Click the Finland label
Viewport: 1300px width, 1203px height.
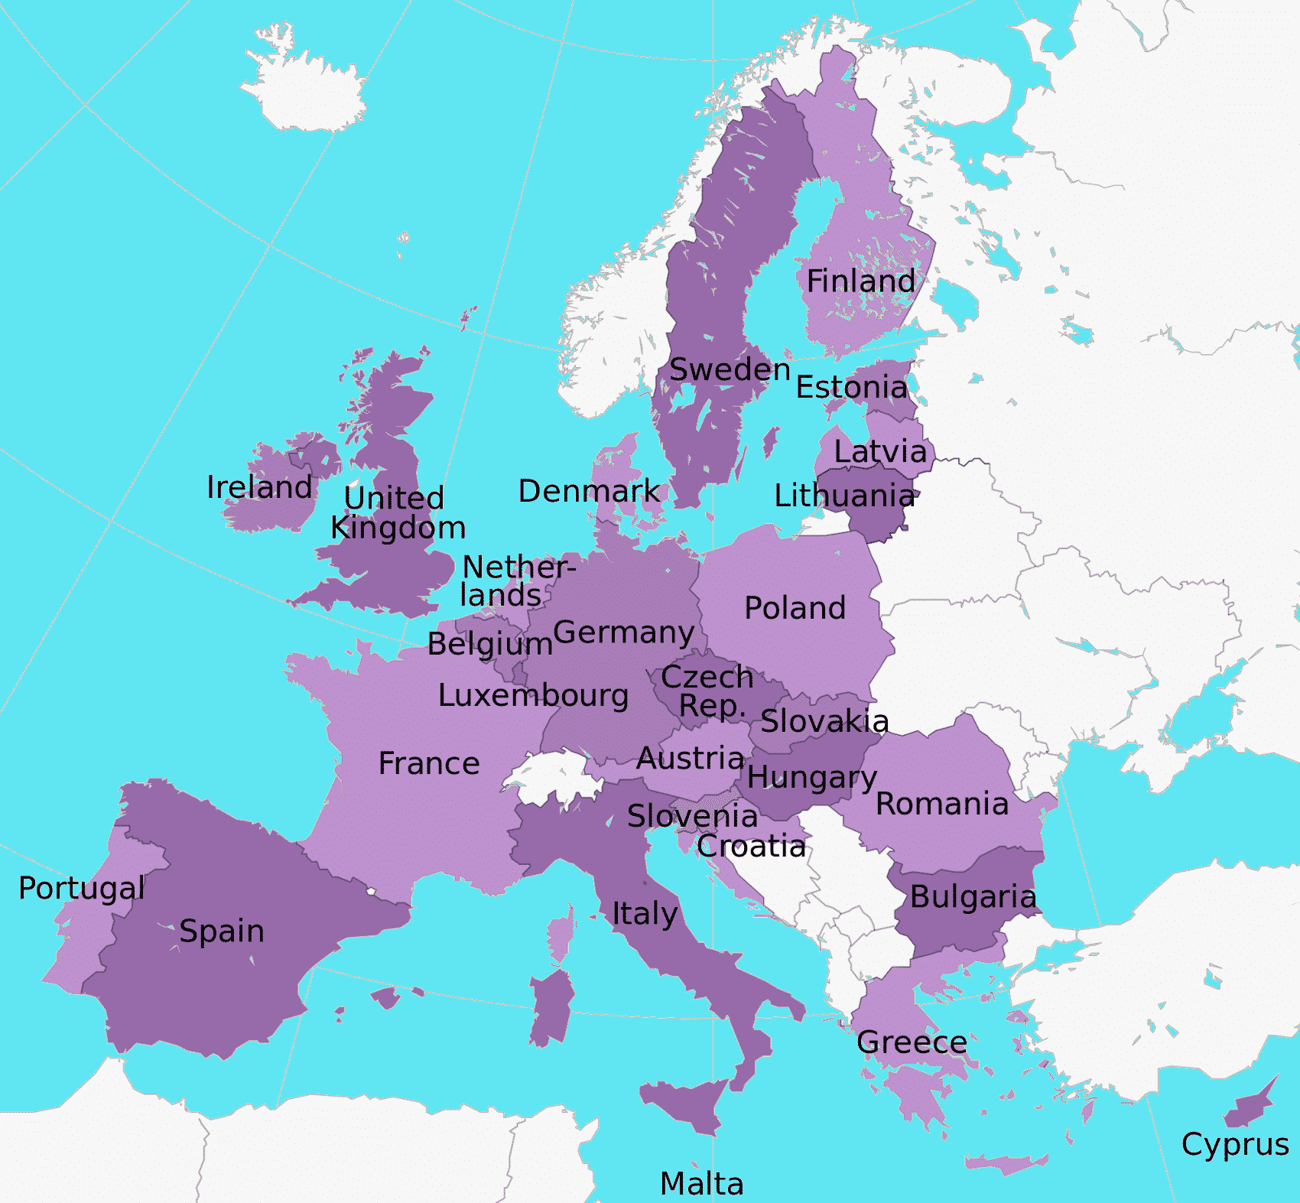click(x=860, y=281)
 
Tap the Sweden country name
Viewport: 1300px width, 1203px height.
click(x=730, y=370)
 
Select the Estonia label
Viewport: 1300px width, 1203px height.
click(x=851, y=388)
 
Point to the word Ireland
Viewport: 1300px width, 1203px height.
click(x=259, y=488)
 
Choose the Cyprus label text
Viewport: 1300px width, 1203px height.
click(x=1234, y=1145)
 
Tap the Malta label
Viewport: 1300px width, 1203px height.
click(x=701, y=1184)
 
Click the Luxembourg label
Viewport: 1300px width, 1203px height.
click(x=533, y=696)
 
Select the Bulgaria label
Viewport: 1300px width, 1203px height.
click(x=973, y=898)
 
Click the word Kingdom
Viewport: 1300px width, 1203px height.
click(x=398, y=528)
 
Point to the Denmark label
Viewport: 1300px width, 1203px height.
click(x=589, y=492)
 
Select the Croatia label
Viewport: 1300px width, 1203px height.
click(x=751, y=847)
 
